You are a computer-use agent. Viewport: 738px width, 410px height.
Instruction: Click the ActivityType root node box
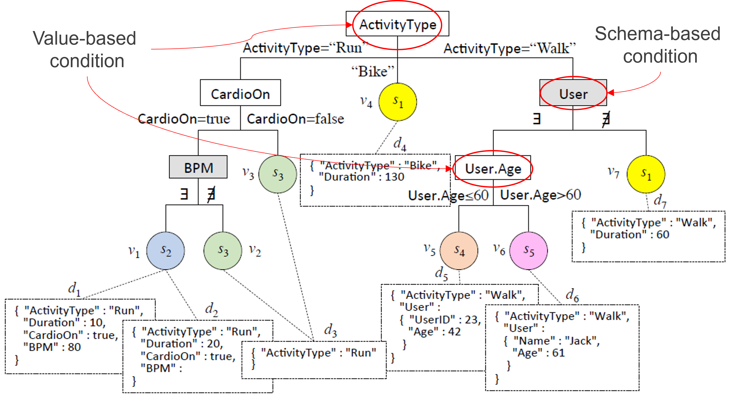click(x=397, y=24)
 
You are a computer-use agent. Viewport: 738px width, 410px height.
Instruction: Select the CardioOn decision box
click(x=240, y=93)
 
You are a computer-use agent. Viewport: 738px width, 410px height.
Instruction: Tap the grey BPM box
click(x=198, y=167)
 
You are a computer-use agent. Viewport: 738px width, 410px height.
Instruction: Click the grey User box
click(x=573, y=93)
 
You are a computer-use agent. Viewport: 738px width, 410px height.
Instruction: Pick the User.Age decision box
click(x=493, y=168)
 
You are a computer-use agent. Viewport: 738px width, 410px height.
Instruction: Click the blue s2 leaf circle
click(x=166, y=251)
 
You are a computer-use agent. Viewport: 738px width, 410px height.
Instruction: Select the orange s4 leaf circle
click(x=459, y=251)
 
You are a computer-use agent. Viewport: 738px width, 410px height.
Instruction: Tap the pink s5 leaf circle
click(x=529, y=251)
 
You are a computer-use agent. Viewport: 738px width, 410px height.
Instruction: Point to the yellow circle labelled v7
click(x=646, y=174)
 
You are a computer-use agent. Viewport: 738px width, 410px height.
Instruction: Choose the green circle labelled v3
click(x=278, y=174)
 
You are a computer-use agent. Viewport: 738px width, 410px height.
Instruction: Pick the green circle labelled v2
click(x=223, y=251)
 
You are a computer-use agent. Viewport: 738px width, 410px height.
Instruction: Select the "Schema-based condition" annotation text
click(x=658, y=45)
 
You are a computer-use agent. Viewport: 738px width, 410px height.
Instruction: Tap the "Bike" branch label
click(x=373, y=71)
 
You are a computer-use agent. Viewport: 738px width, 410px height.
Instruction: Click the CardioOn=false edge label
click(x=295, y=118)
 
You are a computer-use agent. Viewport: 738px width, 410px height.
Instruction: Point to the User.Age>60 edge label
click(x=540, y=195)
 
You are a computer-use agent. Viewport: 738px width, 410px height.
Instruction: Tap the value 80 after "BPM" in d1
click(x=74, y=347)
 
